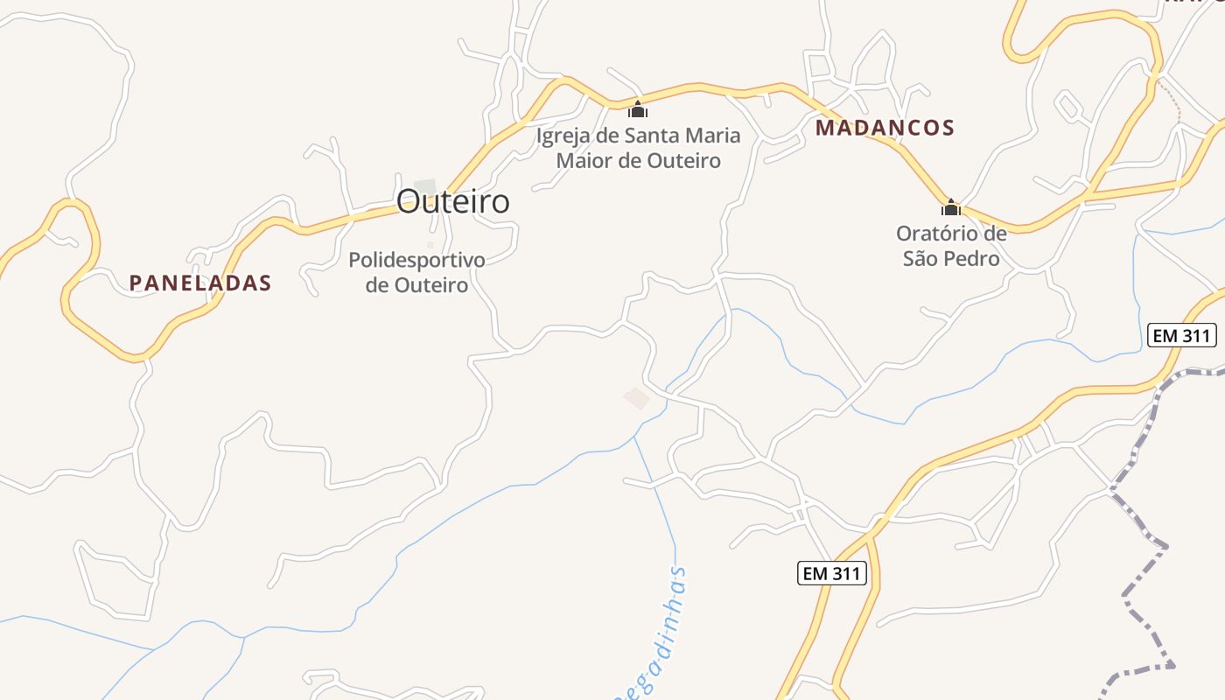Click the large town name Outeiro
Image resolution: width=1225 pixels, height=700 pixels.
point(452,201)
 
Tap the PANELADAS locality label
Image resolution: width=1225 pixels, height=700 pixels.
point(200,283)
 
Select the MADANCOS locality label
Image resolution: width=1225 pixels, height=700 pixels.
point(885,128)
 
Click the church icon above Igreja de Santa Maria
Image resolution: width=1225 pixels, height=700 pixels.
point(638,109)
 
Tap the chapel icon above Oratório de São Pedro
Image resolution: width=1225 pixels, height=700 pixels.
point(951,207)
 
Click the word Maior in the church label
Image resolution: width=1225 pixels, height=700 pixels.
point(585,161)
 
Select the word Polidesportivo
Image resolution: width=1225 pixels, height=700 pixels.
point(416,260)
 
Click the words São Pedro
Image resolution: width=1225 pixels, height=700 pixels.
point(951,258)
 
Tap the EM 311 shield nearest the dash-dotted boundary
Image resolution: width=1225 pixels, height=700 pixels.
point(1182,334)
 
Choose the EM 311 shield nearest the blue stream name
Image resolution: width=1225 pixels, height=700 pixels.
point(833,573)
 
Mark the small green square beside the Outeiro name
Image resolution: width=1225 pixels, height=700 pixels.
point(425,186)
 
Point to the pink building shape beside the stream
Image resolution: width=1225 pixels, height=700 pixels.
point(637,398)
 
